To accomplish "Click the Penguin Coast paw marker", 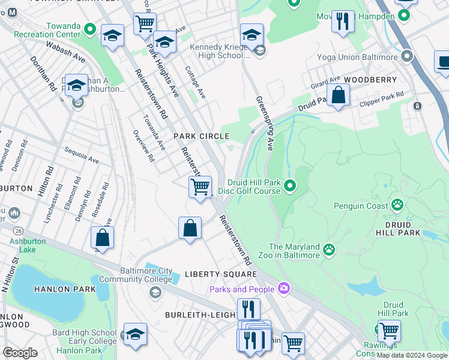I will click(x=397, y=206).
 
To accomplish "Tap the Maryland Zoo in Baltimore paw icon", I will click(x=329, y=249).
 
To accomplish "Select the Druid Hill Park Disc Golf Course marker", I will click(x=291, y=186).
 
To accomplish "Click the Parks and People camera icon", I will click(x=284, y=289).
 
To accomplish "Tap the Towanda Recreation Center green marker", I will click(x=90, y=29).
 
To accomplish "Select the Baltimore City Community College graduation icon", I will click(x=155, y=292).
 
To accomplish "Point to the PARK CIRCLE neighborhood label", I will click(x=201, y=137).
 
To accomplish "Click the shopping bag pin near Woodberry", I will click(x=339, y=95).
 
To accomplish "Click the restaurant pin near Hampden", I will click(x=343, y=21).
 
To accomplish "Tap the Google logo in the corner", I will click(x=20, y=352).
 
